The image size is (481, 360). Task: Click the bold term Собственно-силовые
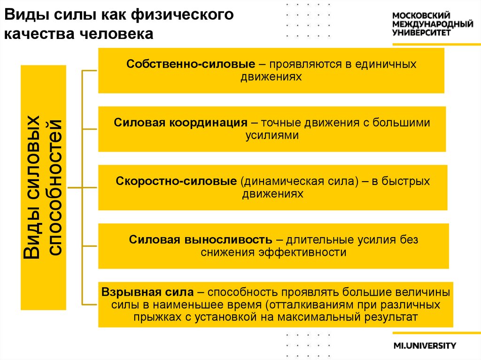(190, 64)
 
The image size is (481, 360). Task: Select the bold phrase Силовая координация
(180, 123)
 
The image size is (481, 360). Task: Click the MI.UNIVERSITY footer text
(425, 346)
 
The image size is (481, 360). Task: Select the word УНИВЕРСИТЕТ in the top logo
(421, 33)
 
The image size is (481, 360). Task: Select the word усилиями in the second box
(272, 135)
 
